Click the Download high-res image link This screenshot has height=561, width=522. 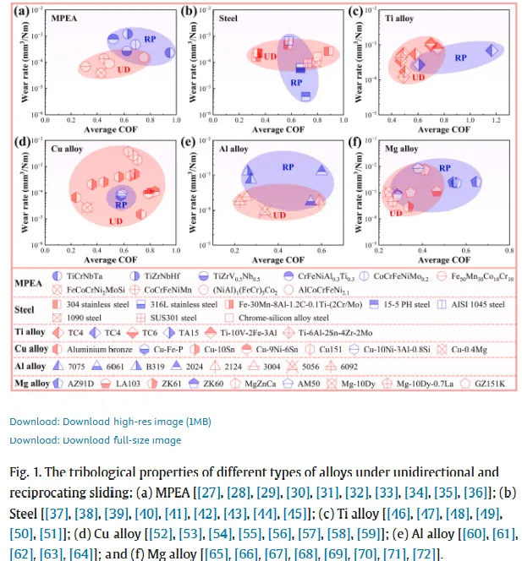(x=110, y=421)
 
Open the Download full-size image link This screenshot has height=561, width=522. (x=95, y=440)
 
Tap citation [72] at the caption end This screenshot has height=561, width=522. (x=425, y=553)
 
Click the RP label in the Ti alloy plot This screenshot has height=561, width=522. (x=461, y=57)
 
